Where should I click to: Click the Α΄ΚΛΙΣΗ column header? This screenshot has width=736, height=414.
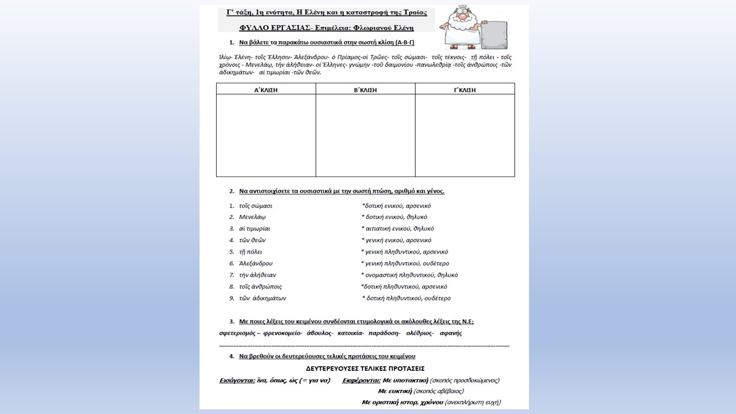click(x=266, y=90)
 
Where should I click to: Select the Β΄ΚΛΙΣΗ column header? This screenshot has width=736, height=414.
click(x=365, y=90)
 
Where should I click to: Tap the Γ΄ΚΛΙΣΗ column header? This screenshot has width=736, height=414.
click(x=465, y=90)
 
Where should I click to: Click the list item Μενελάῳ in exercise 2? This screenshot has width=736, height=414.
click(x=252, y=217)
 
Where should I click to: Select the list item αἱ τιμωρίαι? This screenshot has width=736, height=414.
click(x=254, y=229)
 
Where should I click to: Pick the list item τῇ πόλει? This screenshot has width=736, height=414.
click(x=250, y=252)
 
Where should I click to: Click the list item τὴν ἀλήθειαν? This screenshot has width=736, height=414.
click(x=258, y=275)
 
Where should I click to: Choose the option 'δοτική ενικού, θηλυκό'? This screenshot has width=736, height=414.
click(x=396, y=217)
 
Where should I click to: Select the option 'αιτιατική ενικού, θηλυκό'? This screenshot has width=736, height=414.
click(x=399, y=229)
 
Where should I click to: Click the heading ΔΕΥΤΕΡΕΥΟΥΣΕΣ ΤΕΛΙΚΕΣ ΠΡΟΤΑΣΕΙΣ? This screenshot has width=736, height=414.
click(x=366, y=369)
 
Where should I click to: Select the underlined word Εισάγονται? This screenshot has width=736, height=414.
click(x=236, y=380)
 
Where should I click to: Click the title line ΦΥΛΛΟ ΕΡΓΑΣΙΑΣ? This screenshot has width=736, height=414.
click(x=326, y=27)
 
